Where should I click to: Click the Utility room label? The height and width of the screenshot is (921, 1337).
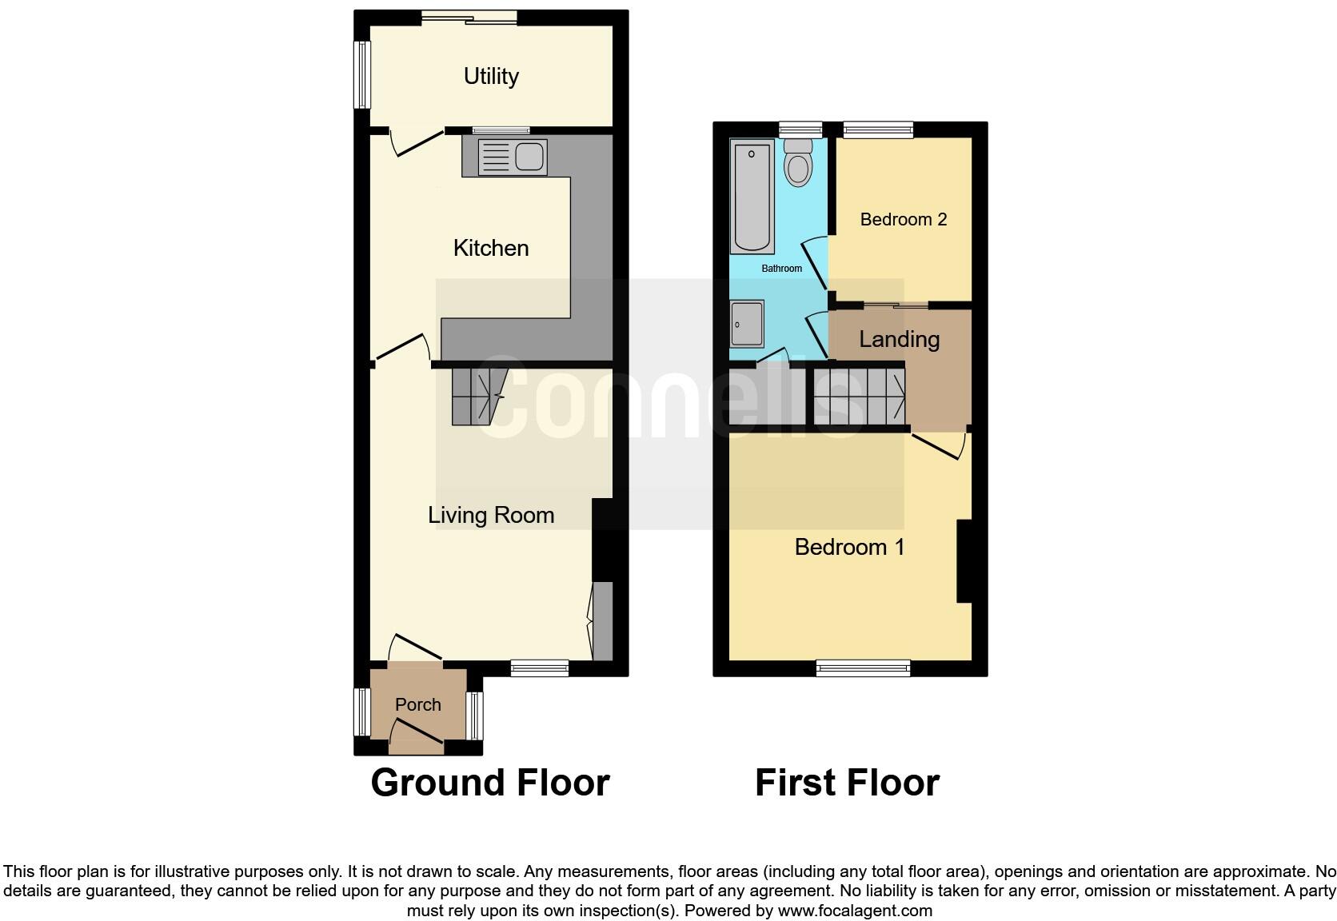[x=491, y=76]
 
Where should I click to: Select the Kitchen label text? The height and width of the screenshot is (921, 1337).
[x=491, y=248]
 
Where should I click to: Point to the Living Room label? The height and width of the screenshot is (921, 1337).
[x=491, y=515]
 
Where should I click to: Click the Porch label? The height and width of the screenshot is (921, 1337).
[x=418, y=704]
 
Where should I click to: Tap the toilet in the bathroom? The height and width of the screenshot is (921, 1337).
[x=798, y=164]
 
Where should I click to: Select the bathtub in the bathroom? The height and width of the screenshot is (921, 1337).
[x=752, y=196]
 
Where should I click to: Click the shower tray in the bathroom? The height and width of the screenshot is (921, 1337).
[x=747, y=324]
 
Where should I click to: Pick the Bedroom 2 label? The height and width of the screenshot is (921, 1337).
[x=904, y=219]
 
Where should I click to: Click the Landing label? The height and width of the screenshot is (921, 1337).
[x=899, y=339]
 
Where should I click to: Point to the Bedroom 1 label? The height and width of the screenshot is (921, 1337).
[x=849, y=547]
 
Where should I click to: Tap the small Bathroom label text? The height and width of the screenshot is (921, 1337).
[x=781, y=269]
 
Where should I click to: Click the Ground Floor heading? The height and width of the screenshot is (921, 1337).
[x=490, y=783]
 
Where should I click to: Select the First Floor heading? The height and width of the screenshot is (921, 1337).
[x=847, y=783]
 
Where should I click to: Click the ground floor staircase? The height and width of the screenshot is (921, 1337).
[x=478, y=397]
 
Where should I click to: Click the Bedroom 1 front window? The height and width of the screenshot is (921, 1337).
[x=863, y=668]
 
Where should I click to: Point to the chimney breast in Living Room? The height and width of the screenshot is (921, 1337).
[x=603, y=540]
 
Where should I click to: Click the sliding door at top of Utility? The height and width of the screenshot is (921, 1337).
[x=469, y=18]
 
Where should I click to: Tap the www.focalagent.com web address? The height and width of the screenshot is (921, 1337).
[x=854, y=911]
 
